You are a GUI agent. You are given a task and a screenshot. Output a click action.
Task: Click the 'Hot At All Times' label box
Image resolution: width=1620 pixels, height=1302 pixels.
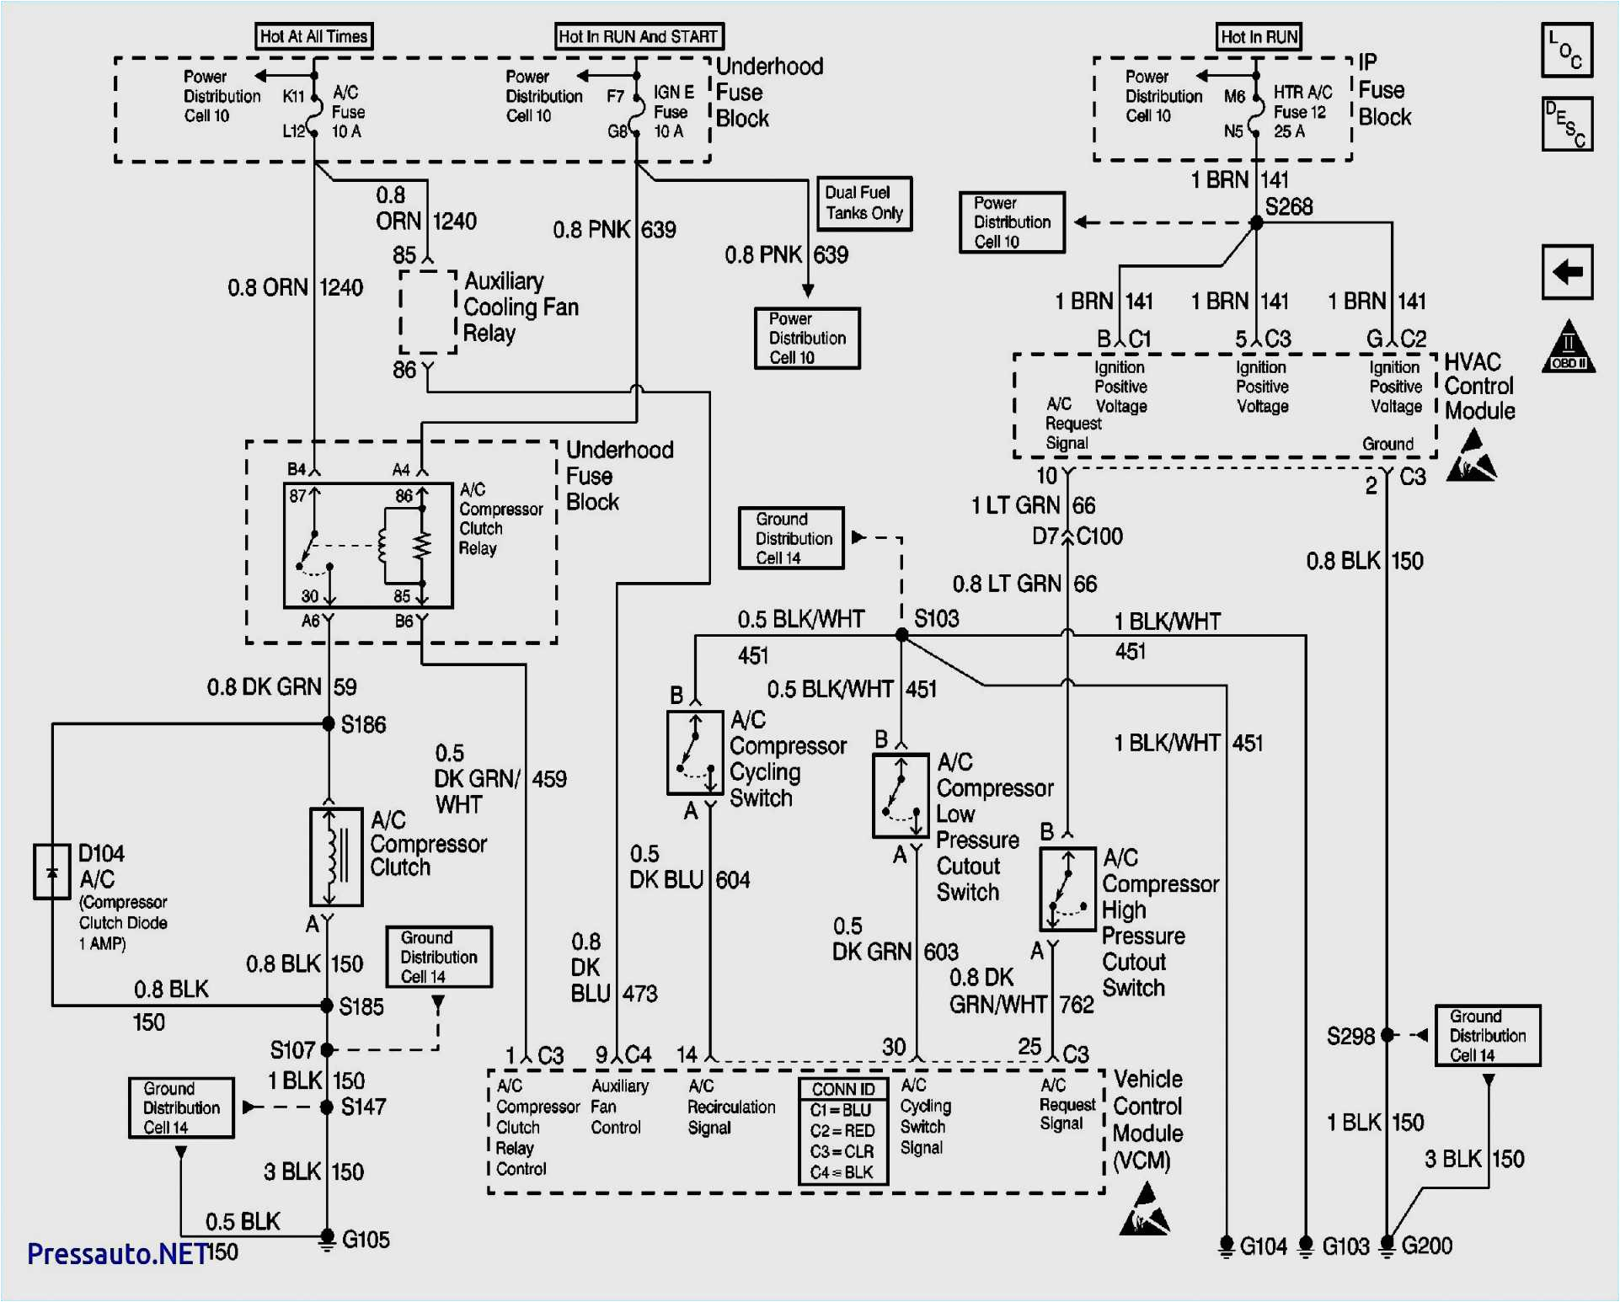click(313, 36)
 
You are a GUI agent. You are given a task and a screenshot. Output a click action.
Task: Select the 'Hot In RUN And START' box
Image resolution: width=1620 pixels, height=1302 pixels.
click(639, 36)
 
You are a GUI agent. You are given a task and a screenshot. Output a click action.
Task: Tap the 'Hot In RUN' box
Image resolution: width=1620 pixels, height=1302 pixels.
click(1259, 36)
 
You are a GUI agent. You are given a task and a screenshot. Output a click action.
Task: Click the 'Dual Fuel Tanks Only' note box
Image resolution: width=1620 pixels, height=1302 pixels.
click(864, 203)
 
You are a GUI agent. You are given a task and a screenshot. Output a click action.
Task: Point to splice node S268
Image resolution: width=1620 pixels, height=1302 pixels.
click(1256, 223)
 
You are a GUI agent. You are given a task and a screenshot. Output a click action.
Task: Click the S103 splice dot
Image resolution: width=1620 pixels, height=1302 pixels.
click(901, 635)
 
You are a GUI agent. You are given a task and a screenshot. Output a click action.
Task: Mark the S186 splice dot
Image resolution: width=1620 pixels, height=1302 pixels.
click(329, 723)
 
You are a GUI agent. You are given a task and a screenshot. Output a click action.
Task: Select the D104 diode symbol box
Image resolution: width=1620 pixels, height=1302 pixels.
click(51, 872)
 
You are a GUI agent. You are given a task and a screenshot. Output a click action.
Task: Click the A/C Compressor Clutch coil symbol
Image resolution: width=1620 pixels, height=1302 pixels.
click(336, 856)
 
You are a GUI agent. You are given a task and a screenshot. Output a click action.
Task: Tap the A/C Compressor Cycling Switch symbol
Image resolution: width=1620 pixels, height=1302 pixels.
click(695, 753)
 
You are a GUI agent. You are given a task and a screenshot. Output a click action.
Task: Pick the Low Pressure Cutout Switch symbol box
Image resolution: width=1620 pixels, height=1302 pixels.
click(901, 795)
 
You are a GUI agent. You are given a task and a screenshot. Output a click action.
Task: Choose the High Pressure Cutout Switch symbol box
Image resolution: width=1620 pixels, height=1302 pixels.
click(1067, 889)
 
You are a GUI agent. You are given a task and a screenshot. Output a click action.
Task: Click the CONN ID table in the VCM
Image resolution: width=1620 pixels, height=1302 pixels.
click(842, 1131)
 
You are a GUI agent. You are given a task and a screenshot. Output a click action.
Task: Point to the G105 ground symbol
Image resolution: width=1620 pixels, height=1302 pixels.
click(328, 1240)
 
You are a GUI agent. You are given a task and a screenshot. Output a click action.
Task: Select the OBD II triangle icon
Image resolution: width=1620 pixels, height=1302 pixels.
click(1568, 347)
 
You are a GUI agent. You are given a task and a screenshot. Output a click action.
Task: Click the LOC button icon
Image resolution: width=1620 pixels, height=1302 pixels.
click(1567, 51)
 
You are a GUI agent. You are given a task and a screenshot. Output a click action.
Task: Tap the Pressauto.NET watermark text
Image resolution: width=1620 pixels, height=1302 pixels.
click(117, 1254)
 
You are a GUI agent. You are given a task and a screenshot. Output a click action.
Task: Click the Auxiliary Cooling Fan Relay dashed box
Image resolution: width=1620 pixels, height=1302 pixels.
click(428, 312)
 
